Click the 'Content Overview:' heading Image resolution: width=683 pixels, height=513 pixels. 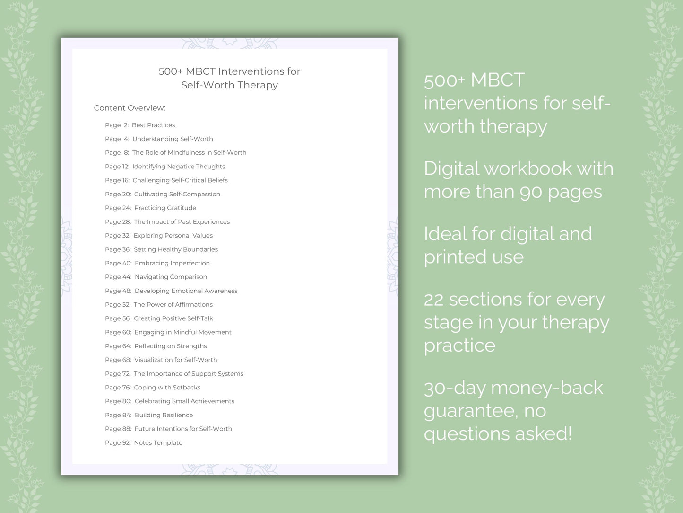pyautogui.click(x=130, y=108)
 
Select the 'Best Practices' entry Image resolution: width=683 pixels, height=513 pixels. pyautogui.click(x=153, y=125)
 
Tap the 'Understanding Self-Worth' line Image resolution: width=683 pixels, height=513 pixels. pyautogui.click(x=173, y=139)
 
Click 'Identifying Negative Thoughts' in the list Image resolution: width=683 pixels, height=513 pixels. pyautogui.click(x=179, y=167)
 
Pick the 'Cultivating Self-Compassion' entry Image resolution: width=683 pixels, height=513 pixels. pyautogui.click(x=177, y=194)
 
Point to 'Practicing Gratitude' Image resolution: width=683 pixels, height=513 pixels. pyautogui.click(x=165, y=208)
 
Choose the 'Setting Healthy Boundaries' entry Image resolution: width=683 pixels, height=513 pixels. pyautogui.click(x=176, y=249)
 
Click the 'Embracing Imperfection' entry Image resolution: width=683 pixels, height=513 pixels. pyautogui.click(x=172, y=263)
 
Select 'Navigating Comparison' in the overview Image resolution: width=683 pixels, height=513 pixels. pyautogui.click(x=171, y=277)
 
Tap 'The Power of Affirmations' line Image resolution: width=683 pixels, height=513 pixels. pyautogui.click(x=173, y=304)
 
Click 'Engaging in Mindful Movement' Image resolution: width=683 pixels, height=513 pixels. pyautogui.click(x=183, y=332)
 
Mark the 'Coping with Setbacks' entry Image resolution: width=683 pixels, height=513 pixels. pyautogui.click(x=167, y=387)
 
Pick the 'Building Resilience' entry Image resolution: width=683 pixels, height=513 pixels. pyautogui.click(x=164, y=415)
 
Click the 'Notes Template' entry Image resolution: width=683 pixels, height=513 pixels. pyautogui.click(x=158, y=442)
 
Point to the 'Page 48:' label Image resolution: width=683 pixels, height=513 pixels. pyautogui.click(x=118, y=291)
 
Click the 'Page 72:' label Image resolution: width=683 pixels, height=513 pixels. pyautogui.click(x=118, y=373)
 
